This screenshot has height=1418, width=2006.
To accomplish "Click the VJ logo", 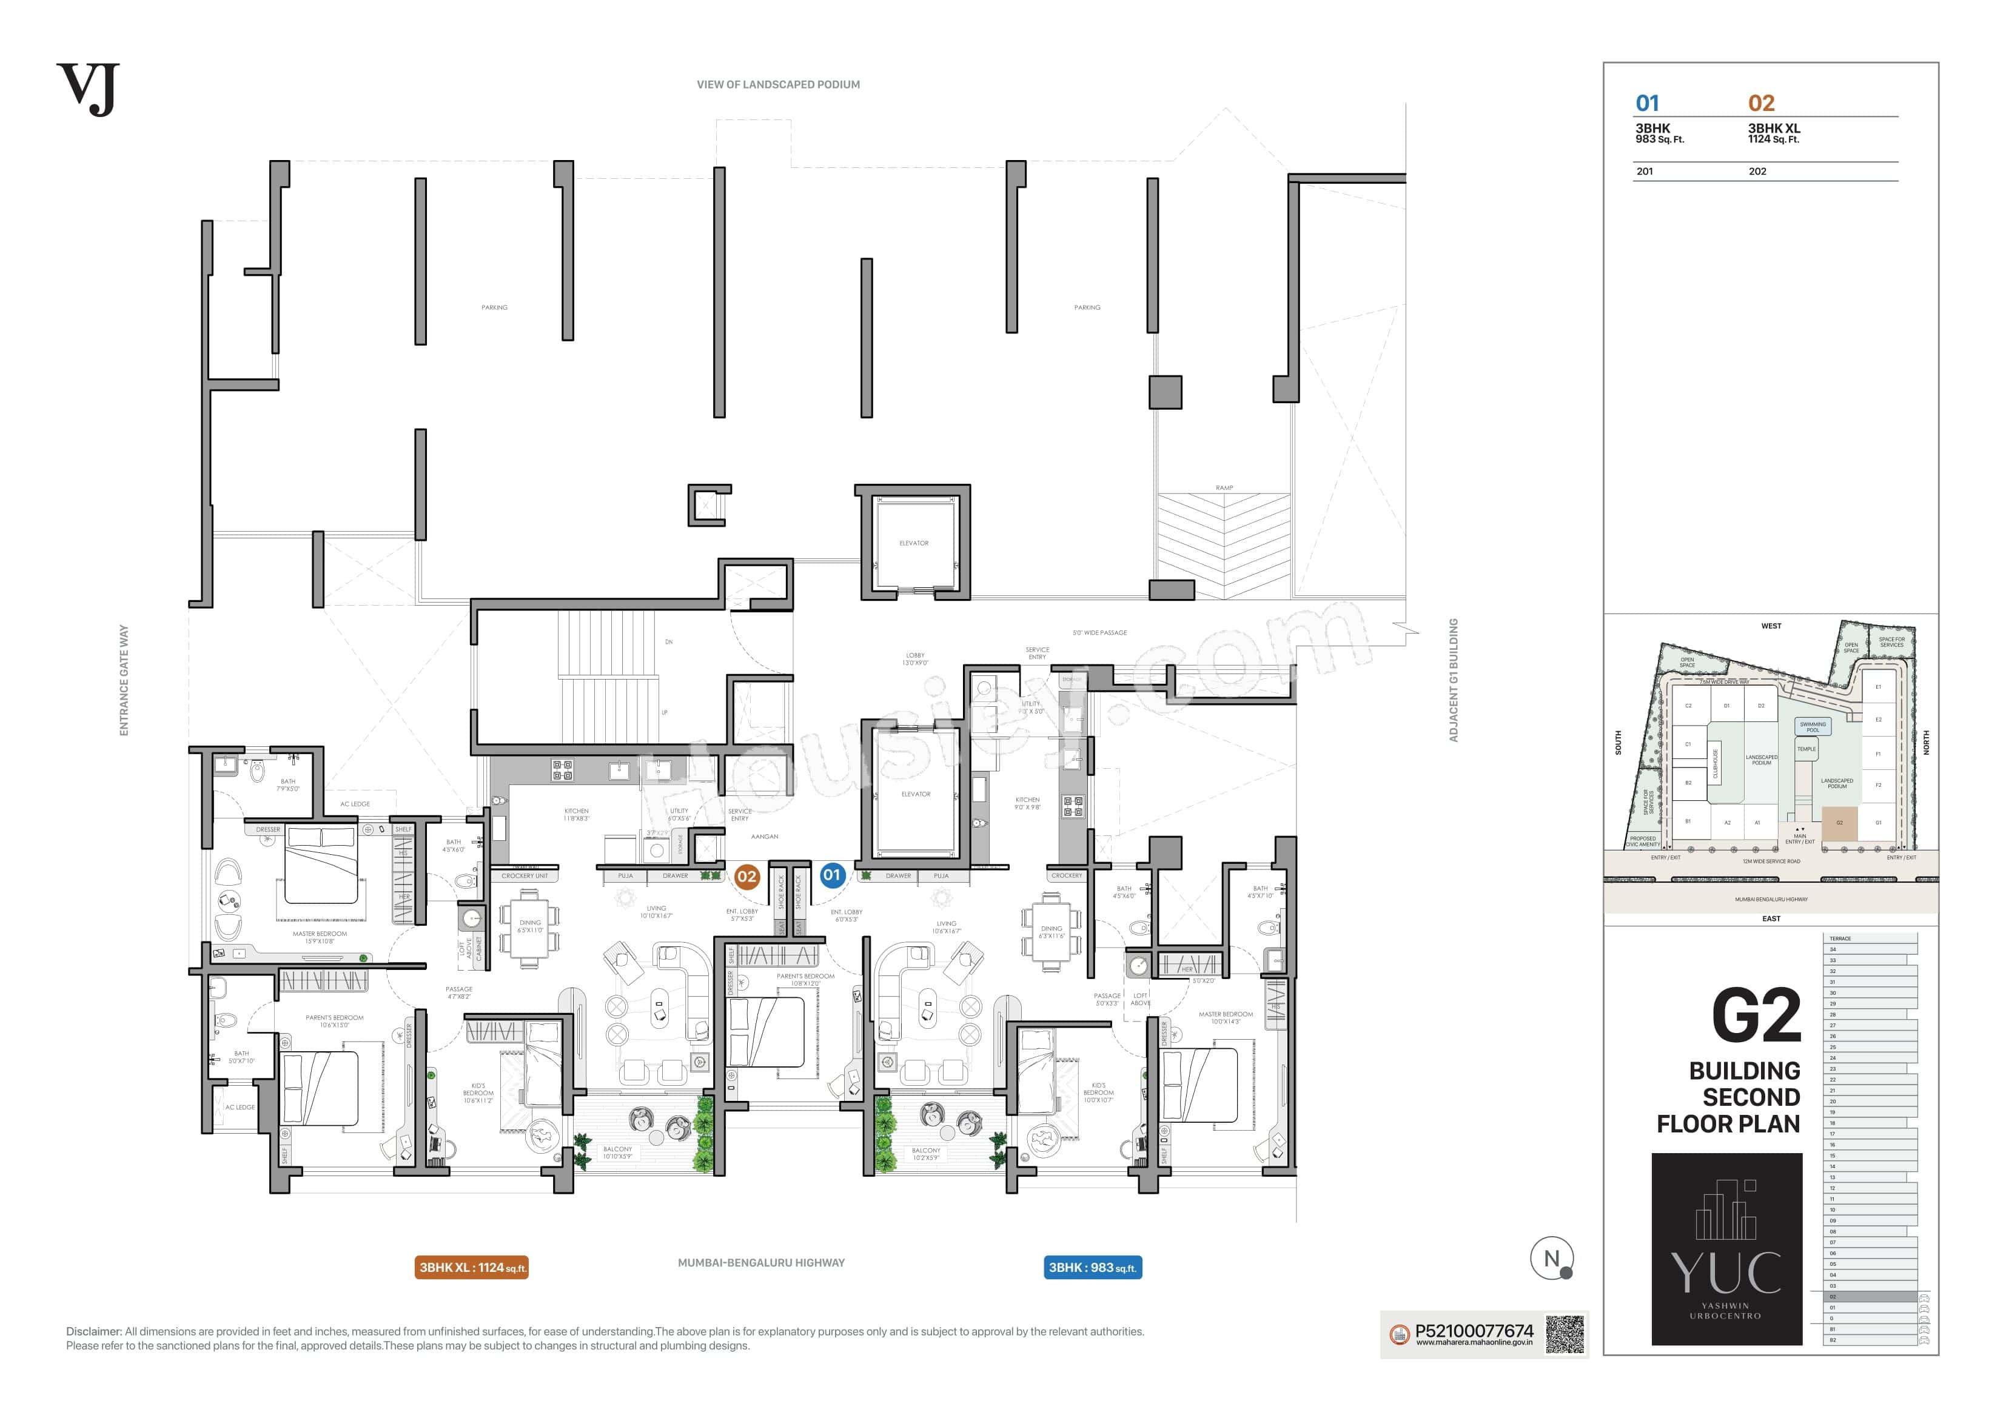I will [x=87, y=89].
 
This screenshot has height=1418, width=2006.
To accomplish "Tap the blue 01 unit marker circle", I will [x=831, y=875].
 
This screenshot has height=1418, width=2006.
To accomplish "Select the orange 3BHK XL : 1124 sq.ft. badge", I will [x=472, y=1268].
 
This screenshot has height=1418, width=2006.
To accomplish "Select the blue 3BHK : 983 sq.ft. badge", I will [x=1092, y=1268].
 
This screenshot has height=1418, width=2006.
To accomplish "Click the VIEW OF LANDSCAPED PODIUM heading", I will [x=777, y=85].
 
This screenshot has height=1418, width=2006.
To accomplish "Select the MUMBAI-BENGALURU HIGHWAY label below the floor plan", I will [x=761, y=1262].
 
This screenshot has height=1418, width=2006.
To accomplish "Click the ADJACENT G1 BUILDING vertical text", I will [x=1454, y=680].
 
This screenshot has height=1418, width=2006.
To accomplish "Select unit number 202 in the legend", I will [x=1757, y=171].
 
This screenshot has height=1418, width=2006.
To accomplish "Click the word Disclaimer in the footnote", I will [x=93, y=1331].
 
